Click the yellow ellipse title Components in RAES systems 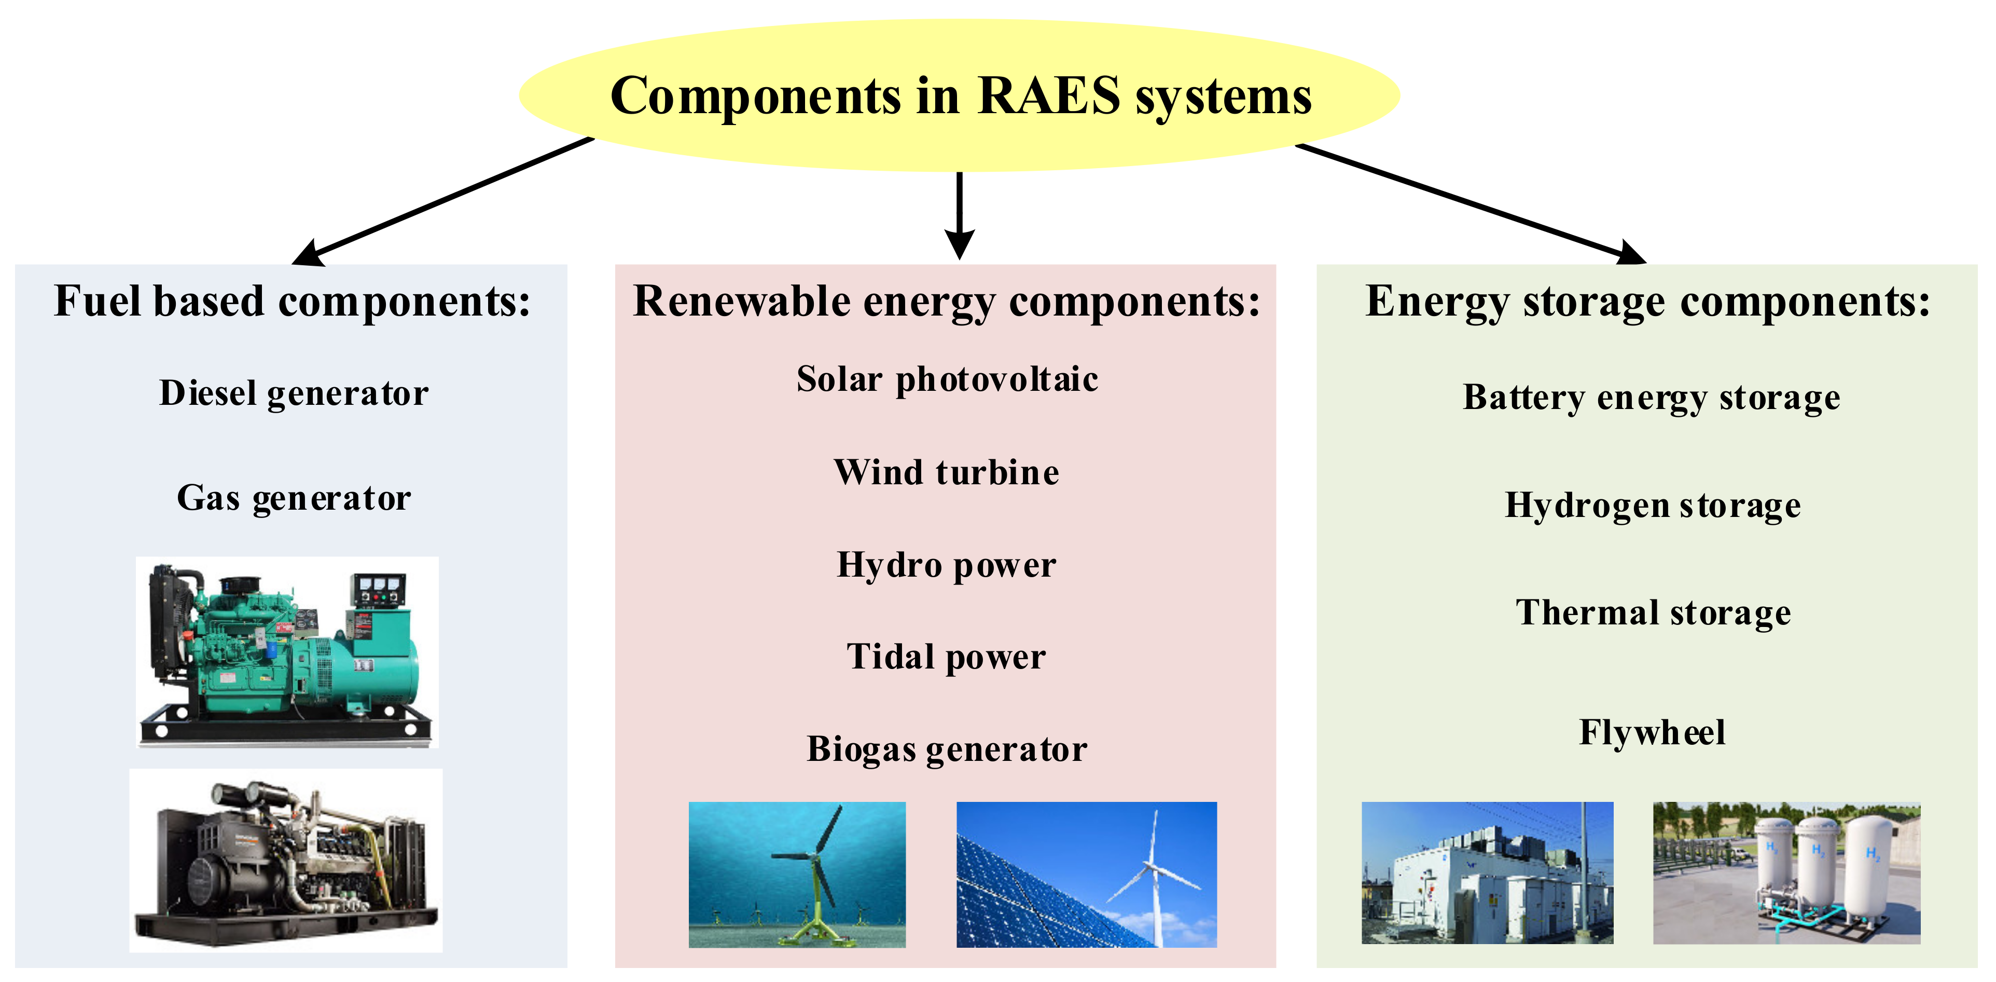[959, 96]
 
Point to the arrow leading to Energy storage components [1472, 203]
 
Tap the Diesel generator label [294, 393]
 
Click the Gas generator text [294, 498]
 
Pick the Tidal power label [946, 657]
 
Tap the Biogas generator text [946, 749]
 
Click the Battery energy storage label [1651, 398]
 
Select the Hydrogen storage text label [1652, 506]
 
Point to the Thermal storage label [1653, 613]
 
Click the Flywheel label [1652, 732]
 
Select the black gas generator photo [285, 861]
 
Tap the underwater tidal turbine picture [797, 874]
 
